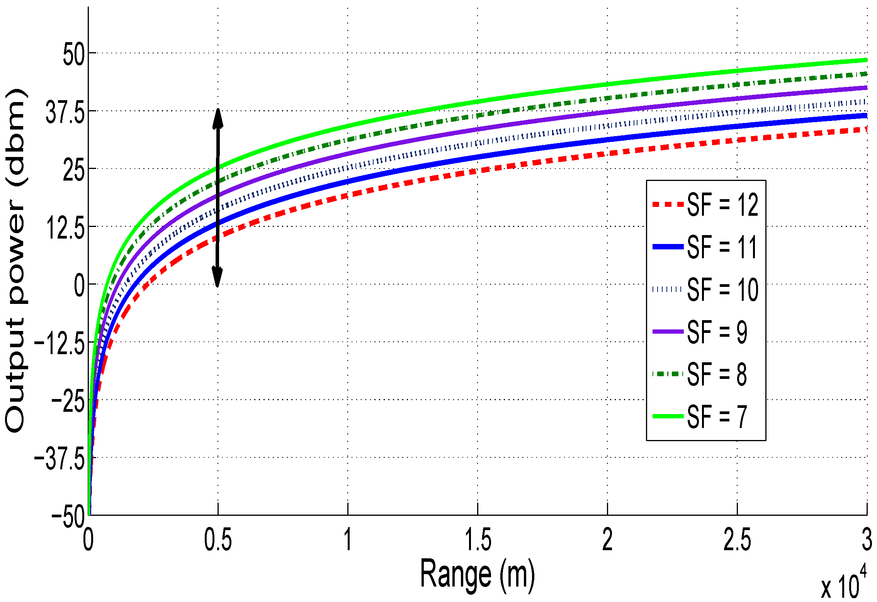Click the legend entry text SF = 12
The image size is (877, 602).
coord(722,205)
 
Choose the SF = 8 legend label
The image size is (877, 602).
coord(717,374)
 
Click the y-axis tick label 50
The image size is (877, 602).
coord(73,54)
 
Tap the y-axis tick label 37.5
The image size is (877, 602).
coord(65,113)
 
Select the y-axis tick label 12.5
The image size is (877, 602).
coord(65,228)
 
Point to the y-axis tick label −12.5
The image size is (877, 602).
coord(59,343)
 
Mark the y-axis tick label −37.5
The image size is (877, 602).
coord(59,459)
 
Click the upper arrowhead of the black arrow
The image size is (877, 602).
coord(218,118)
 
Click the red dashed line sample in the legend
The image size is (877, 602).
coord(668,205)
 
